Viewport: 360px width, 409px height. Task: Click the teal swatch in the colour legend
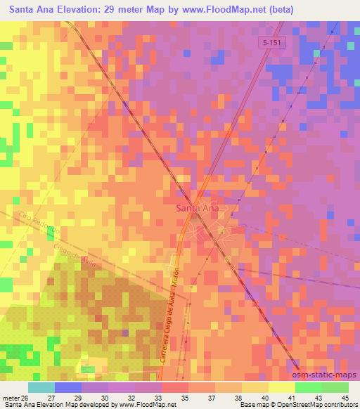click(41, 387)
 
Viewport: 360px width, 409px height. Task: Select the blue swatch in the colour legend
click(68, 387)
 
